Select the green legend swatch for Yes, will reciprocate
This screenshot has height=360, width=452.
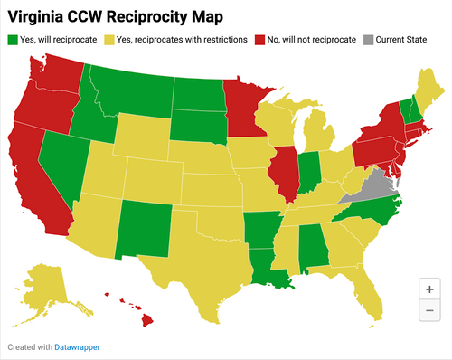[12, 40]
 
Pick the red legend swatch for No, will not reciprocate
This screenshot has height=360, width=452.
[259, 40]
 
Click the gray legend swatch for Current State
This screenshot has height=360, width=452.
[367, 40]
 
